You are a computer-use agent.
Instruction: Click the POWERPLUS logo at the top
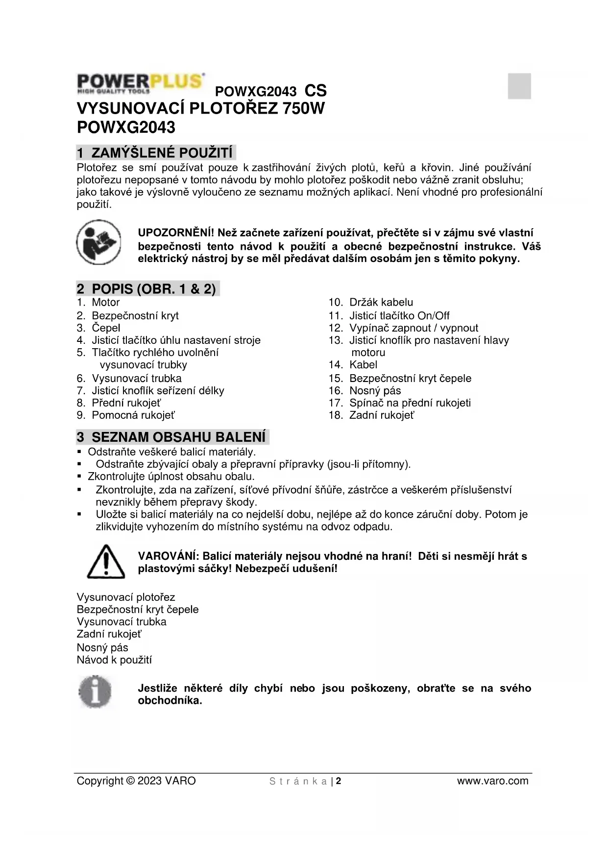[x=140, y=83]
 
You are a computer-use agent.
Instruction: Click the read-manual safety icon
[x=98, y=243]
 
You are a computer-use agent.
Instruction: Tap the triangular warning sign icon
[x=106, y=562]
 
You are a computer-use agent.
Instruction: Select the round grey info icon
[x=96, y=692]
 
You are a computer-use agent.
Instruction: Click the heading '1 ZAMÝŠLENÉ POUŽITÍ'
[x=155, y=153]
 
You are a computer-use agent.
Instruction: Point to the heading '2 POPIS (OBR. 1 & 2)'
[x=147, y=288]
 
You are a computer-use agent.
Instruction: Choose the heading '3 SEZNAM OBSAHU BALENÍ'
[x=172, y=437]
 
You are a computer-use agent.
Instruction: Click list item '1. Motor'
[x=98, y=302]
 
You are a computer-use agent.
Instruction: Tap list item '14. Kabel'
[x=353, y=364]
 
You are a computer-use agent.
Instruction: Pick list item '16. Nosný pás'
[x=365, y=390]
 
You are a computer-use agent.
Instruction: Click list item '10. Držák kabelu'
[x=370, y=302]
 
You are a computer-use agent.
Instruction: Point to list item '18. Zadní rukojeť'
[x=371, y=415]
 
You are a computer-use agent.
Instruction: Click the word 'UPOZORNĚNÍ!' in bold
[x=176, y=233]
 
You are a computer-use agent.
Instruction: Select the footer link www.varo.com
[x=492, y=781]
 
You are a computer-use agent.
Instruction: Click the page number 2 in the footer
[x=339, y=781]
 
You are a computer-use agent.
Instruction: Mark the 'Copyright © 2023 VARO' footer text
[x=136, y=781]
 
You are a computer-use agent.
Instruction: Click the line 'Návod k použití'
[x=114, y=660]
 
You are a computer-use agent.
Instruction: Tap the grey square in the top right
[x=519, y=86]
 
